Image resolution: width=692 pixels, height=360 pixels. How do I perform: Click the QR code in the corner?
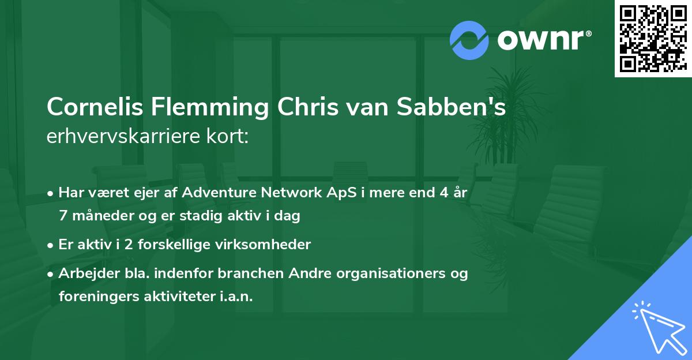coord(653,38)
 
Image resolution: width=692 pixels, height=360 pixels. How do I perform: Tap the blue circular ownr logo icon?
coord(469,40)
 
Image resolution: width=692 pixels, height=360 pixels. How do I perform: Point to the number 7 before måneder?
coord(62,216)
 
